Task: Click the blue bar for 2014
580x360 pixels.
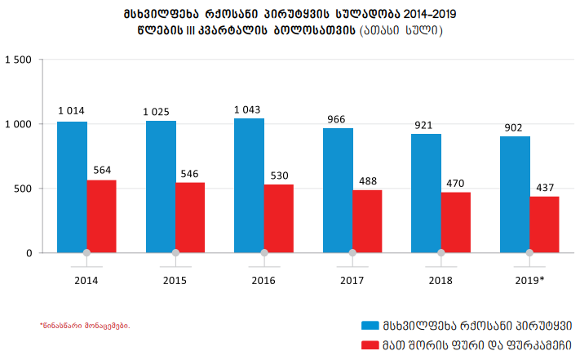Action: click(x=72, y=187)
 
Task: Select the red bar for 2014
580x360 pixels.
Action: click(x=101, y=216)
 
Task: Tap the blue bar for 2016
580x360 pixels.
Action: click(x=249, y=185)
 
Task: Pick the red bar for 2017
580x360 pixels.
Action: click(x=367, y=221)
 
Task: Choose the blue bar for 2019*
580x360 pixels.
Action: click(x=515, y=194)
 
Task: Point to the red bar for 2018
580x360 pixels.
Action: click(x=456, y=222)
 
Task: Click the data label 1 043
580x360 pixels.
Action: click(x=248, y=109)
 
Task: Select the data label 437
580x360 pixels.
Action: click(x=544, y=188)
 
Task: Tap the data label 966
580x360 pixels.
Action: click(x=337, y=119)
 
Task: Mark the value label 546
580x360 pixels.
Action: click(x=190, y=174)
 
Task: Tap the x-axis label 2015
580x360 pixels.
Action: click(x=175, y=280)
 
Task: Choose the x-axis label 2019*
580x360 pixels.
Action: click(x=530, y=280)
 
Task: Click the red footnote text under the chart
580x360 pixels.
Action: click(x=84, y=326)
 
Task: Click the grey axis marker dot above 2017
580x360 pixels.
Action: click(x=352, y=253)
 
